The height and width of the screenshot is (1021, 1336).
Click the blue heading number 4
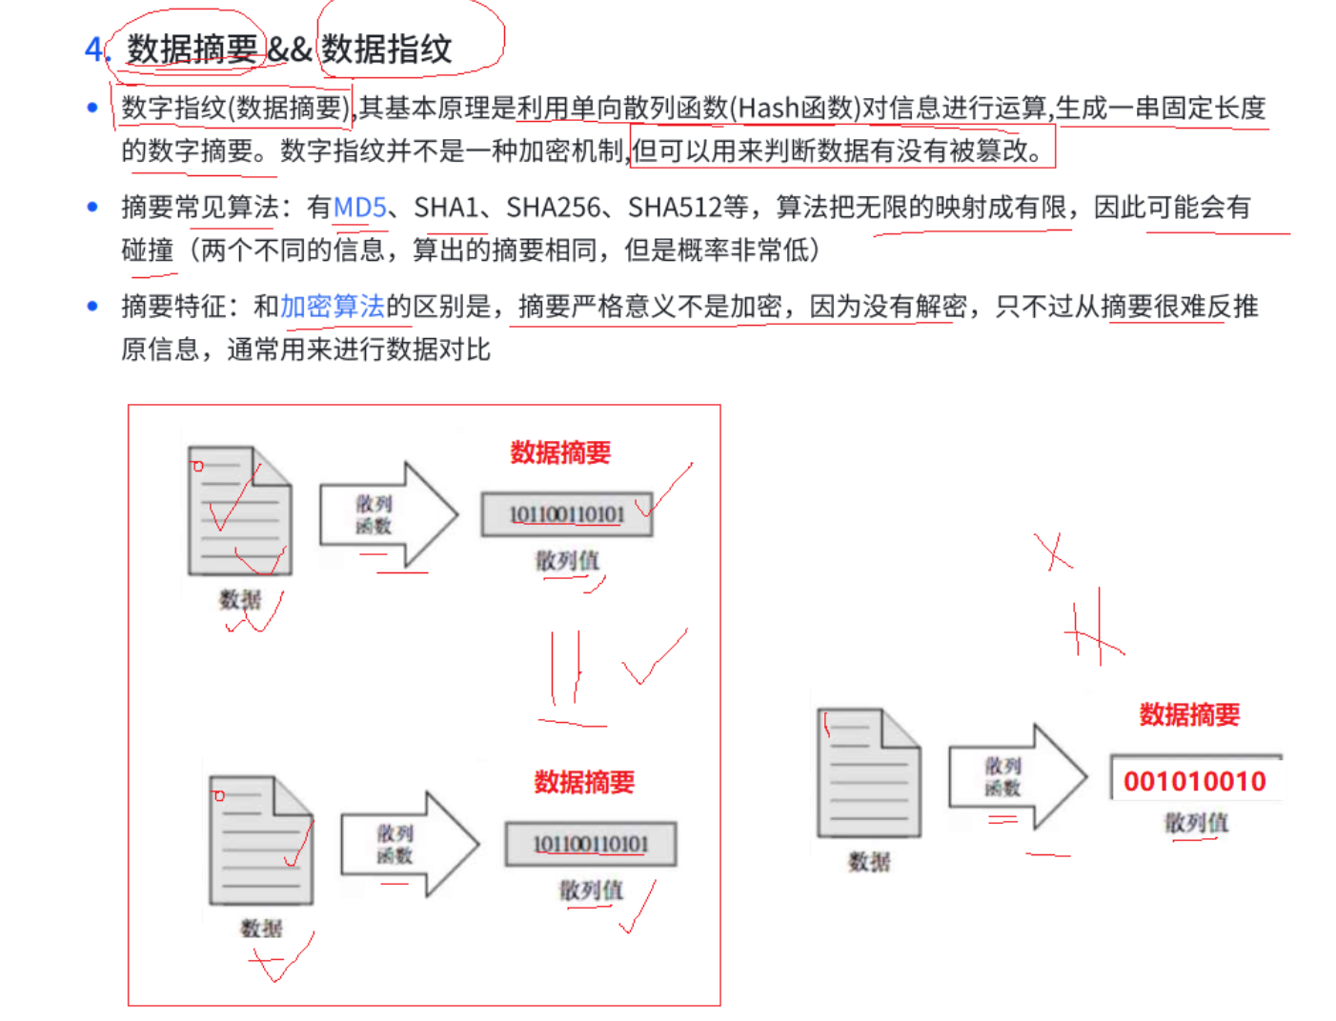pos(94,49)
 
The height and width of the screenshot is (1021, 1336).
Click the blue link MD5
pos(360,207)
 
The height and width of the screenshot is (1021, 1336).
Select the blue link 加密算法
pos(332,306)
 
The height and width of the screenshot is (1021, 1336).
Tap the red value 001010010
pos(1195,781)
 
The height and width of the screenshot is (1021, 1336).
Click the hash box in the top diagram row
pos(567,514)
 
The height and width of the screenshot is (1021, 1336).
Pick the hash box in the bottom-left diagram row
pos(591,844)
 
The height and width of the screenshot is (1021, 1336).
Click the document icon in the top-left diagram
pos(240,510)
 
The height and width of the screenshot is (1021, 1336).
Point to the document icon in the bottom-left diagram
pos(261,840)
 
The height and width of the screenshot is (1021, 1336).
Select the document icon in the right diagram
pos(869,772)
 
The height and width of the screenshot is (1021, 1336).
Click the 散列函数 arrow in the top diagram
pos(387,514)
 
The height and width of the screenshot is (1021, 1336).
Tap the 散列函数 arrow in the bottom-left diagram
pos(409,844)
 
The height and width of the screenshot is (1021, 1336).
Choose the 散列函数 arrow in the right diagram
pos(1016,776)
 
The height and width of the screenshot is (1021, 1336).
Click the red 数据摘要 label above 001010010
pos(1189,714)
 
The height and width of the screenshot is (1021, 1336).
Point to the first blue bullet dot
pos(92,108)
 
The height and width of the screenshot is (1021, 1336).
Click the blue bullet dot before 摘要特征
pos(92,306)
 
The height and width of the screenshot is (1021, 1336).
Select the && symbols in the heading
pos(290,49)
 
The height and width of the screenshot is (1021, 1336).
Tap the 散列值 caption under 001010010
pos(1196,822)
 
